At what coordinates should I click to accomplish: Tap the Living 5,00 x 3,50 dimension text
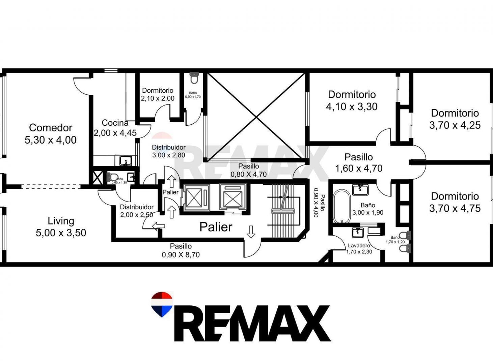coord(61,233)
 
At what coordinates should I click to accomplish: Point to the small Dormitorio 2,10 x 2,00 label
coord(158,94)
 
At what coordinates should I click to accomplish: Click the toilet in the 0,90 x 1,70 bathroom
coord(194,78)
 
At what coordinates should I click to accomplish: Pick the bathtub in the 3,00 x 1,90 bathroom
coord(341,206)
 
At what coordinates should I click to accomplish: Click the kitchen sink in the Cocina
coord(126,160)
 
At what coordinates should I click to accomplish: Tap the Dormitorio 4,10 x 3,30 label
coord(352,100)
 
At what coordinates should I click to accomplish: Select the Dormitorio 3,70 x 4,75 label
coord(455,202)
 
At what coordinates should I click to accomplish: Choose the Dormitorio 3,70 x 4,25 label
coord(455,119)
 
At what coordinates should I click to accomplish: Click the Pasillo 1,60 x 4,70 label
coord(358,163)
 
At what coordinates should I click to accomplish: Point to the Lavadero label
coord(359,245)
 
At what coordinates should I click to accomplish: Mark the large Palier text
coord(216,227)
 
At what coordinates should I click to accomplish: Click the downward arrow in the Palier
coord(251,232)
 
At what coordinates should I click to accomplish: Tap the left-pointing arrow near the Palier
coord(159,226)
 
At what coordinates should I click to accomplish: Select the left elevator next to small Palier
coord(195,198)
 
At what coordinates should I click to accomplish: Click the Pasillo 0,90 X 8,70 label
coord(181,250)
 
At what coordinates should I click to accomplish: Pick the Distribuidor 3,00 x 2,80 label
coord(169,151)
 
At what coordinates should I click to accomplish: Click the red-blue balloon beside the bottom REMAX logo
coord(162,304)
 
